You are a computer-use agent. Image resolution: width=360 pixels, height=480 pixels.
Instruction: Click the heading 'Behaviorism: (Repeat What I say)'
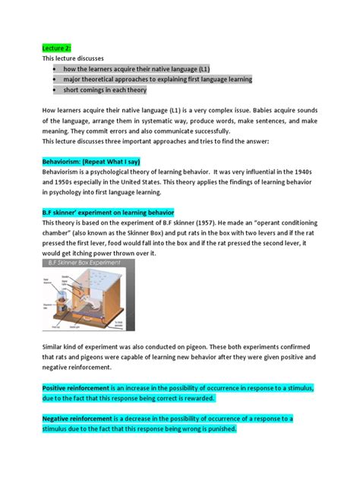pyautogui.click(x=91, y=162)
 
